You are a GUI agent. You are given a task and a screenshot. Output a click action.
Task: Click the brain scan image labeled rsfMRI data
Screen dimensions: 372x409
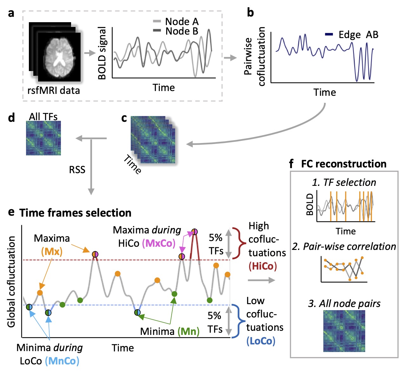point(59,57)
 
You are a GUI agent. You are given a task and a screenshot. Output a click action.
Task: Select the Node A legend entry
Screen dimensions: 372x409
point(181,22)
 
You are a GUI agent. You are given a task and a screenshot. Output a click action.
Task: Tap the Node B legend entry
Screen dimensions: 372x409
point(181,31)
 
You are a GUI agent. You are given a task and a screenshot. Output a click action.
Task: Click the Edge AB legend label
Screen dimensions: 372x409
point(358,35)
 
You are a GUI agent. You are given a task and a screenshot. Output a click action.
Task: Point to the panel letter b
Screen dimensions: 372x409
point(250,13)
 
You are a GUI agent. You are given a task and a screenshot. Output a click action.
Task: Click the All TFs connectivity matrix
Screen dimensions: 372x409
point(43,138)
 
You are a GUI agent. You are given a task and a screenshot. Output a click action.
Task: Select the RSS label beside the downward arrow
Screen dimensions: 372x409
point(77,170)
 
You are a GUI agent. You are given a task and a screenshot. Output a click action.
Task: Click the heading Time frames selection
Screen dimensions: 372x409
point(75,213)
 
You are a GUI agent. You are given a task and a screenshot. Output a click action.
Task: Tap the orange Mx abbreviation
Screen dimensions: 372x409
point(52,251)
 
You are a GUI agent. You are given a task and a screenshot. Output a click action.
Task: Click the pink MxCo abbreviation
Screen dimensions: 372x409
point(159,243)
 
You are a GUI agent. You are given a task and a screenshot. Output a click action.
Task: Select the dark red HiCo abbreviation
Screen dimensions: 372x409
point(262,266)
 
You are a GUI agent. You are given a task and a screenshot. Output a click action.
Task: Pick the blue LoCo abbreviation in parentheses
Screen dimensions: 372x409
point(261,341)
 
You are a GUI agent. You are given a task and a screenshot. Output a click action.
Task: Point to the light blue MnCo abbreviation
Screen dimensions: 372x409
point(62,361)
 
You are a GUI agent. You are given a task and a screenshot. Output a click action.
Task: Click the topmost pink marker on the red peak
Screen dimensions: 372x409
point(195,232)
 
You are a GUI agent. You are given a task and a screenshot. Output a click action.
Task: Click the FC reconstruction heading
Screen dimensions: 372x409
point(344,164)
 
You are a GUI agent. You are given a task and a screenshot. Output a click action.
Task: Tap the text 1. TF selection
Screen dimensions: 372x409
point(344,182)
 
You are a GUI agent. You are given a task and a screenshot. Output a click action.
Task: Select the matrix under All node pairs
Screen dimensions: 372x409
point(344,331)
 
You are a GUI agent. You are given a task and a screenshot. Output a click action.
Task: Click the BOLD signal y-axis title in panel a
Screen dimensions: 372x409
point(102,53)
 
